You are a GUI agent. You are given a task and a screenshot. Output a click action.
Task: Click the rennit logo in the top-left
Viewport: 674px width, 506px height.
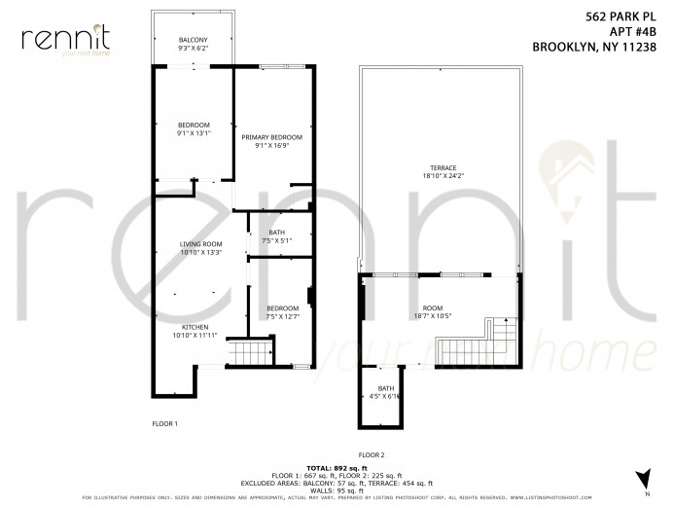[x=66, y=38]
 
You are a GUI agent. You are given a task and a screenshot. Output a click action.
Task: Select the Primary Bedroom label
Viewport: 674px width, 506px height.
[x=271, y=141]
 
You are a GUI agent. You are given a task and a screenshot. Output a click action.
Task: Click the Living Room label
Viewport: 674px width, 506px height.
[x=200, y=247]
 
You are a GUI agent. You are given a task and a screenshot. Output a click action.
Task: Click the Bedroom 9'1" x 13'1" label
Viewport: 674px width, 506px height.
[x=194, y=129]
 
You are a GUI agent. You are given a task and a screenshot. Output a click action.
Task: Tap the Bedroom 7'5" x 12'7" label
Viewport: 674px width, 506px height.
[x=281, y=311]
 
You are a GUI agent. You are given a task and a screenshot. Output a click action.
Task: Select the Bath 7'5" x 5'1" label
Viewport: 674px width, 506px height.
[x=276, y=235]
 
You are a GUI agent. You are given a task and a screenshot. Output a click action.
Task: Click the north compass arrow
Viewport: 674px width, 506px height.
[x=641, y=478]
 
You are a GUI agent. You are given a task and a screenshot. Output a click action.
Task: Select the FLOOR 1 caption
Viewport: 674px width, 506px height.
[x=164, y=424]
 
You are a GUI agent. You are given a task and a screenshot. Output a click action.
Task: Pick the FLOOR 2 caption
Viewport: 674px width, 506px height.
[x=372, y=454]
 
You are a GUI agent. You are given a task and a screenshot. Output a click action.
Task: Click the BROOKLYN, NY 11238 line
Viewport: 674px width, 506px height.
[x=602, y=45]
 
